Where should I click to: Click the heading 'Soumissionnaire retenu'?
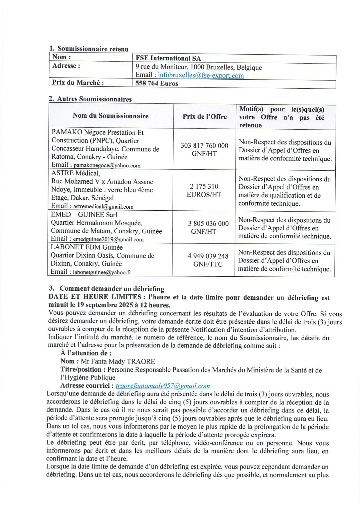click(93, 49)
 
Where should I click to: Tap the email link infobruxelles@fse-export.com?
click(201, 76)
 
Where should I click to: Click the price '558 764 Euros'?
click(157, 83)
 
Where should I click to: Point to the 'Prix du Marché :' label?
click(78, 83)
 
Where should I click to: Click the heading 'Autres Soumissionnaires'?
click(94, 99)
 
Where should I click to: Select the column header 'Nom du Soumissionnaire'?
click(111, 116)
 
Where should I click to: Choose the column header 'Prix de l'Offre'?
click(205, 117)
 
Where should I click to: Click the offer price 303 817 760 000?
click(204, 146)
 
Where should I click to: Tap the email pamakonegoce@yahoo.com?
click(107, 166)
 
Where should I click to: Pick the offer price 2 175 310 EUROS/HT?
click(204, 190)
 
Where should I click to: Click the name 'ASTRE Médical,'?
click(76, 173)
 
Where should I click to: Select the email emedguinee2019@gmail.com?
click(108, 239)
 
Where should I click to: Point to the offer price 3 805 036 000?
click(208, 223)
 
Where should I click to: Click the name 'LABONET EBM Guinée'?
click(87, 247)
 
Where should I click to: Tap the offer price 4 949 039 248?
click(208, 256)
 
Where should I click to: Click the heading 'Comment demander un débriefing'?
click(112, 289)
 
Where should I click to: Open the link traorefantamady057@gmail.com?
click(163, 386)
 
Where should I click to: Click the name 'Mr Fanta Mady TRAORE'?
click(118, 362)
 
